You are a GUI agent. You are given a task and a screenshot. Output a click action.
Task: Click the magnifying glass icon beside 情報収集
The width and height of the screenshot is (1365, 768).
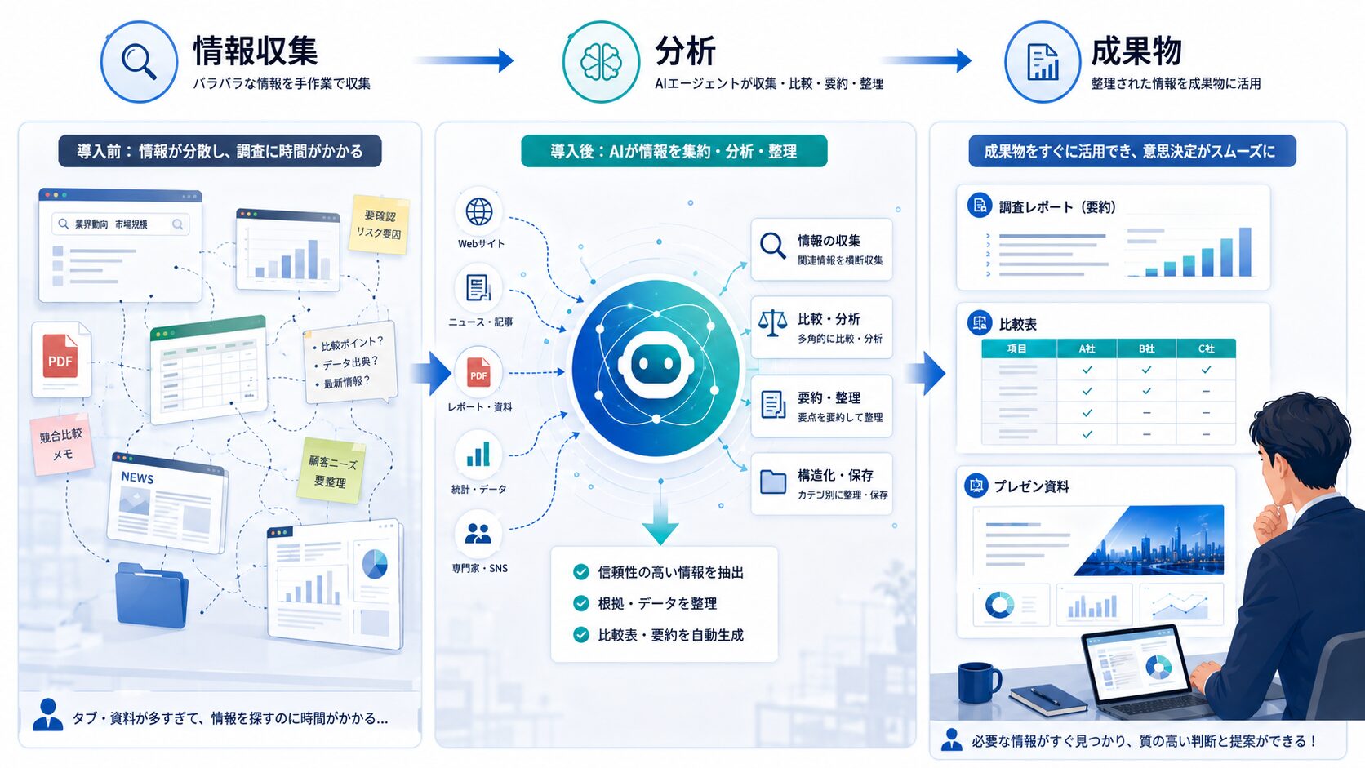[x=139, y=61]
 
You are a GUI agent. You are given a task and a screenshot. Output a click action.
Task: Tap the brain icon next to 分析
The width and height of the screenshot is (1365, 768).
[x=601, y=61]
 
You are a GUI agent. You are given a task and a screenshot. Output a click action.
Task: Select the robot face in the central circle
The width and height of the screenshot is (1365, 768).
[x=656, y=364]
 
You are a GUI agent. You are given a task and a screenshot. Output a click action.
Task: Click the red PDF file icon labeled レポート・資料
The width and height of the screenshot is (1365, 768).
[x=479, y=372]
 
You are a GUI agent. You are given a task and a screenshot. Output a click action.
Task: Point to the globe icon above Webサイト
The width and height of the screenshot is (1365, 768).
[x=479, y=211]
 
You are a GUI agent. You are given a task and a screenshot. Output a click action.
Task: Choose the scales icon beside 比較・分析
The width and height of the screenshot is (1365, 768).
[x=772, y=323]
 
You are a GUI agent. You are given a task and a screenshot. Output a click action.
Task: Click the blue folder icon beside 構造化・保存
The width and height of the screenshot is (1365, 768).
[x=772, y=482]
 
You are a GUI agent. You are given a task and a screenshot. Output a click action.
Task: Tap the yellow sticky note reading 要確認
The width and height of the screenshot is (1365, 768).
[x=379, y=224]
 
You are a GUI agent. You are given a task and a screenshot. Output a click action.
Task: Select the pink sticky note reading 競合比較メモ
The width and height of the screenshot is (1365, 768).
[x=61, y=444]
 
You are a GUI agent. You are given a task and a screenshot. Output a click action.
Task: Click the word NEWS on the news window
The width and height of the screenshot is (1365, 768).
[x=137, y=477]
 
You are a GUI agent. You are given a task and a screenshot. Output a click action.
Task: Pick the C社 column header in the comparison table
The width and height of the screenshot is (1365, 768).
[x=1206, y=348]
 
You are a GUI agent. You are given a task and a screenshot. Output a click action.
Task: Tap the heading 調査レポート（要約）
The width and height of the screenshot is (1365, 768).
[x=1057, y=207]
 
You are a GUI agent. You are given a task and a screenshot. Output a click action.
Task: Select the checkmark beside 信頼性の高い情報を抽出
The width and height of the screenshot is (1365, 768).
[x=581, y=572]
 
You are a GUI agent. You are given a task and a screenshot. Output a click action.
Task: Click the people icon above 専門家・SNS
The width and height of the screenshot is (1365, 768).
[x=478, y=534]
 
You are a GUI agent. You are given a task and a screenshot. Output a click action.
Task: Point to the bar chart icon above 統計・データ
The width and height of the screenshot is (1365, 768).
[x=478, y=455]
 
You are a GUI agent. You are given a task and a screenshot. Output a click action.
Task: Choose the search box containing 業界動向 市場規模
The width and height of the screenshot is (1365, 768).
[x=120, y=224]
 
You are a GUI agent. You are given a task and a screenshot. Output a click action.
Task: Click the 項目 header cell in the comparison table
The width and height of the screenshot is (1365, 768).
[x=1018, y=348]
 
